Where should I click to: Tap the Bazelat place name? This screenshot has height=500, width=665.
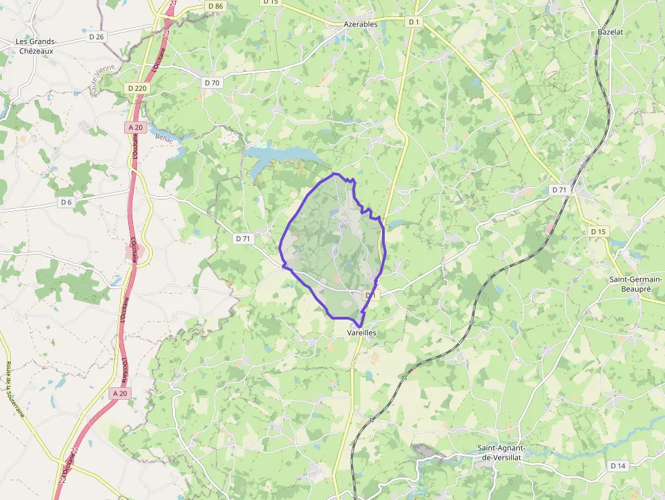[x=610, y=32]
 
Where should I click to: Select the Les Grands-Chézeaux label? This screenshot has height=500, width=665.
[x=36, y=45]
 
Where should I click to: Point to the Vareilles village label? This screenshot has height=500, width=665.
[x=361, y=333]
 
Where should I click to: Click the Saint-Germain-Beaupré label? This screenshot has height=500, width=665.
[x=636, y=284]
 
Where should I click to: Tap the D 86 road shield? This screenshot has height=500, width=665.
[x=215, y=6]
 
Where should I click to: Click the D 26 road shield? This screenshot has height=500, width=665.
[x=96, y=37]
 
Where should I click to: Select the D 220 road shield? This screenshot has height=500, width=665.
[x=136, y=88]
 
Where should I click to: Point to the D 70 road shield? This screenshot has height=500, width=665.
[x=212, y=83]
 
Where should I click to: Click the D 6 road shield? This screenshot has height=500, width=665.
[x=66, y=202]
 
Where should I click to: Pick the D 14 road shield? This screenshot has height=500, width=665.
[x=617, y=465]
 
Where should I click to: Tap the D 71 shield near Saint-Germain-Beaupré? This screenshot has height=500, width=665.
[x=559, y=189]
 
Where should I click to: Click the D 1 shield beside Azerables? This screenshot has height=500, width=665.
[x=414, y=22]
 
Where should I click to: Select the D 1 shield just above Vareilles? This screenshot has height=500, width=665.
[x=370, y=295]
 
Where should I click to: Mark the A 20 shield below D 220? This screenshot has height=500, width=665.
[x=135, y=128]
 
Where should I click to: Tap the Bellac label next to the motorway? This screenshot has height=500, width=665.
[x=164, y=138]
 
